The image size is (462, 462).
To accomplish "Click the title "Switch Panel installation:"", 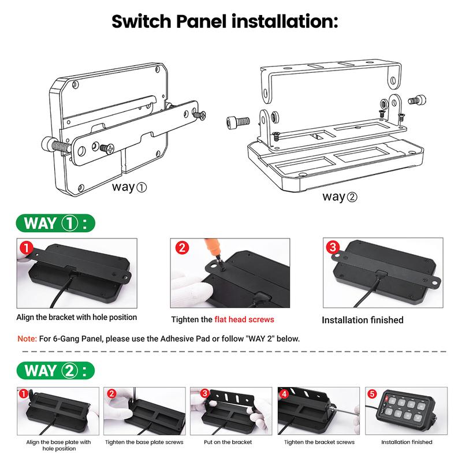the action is (225, 21).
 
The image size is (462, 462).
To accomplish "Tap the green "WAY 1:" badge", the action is (55, 223).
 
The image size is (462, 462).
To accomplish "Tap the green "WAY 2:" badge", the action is (55, 370).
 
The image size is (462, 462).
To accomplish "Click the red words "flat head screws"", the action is (244, 319).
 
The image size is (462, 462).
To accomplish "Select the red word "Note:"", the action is (27, 338).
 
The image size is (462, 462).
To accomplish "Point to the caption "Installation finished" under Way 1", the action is (363, 320).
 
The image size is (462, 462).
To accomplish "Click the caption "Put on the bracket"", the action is (228, 442).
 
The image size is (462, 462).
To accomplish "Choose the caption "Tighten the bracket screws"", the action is (319, 442).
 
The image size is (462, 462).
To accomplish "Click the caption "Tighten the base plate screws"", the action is (144, 442).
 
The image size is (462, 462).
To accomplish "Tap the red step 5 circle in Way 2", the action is (372, 394).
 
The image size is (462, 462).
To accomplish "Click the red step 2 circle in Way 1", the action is (182, 248).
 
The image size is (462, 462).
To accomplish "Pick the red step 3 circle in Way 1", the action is (333, 247).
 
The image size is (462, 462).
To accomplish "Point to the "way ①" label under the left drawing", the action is (129, 187).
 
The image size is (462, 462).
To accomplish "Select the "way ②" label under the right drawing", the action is (340, 196).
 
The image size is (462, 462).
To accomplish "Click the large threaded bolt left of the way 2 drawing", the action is (238, 121).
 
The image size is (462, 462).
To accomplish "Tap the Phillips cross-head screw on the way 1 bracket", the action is (107, 148).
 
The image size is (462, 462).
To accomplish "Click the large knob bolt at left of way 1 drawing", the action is (57, 145).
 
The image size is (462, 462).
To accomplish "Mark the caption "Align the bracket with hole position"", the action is (77, 317).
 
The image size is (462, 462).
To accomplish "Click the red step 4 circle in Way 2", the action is (284, 394).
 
